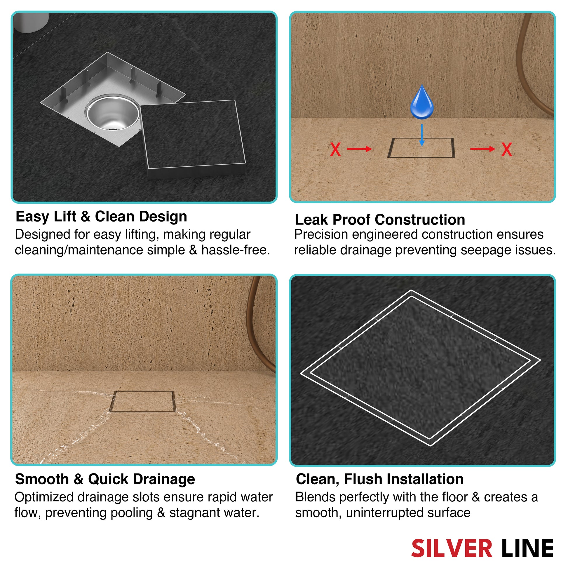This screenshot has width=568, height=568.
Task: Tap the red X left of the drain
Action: point(335,149)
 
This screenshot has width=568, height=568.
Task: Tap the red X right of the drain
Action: point(507,149)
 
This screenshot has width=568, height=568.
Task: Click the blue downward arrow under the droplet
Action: point(422,135)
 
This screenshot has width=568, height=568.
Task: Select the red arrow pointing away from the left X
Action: point(359,149)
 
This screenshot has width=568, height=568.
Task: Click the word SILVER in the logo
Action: point(452,548)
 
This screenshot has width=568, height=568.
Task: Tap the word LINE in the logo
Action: point(527,548)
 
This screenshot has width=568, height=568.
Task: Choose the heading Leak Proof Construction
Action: point(380,219)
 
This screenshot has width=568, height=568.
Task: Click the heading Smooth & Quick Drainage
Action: point(105,479)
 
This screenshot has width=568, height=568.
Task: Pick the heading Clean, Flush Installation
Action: point(379,479)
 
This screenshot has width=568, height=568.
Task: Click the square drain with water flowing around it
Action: point(142,401)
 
